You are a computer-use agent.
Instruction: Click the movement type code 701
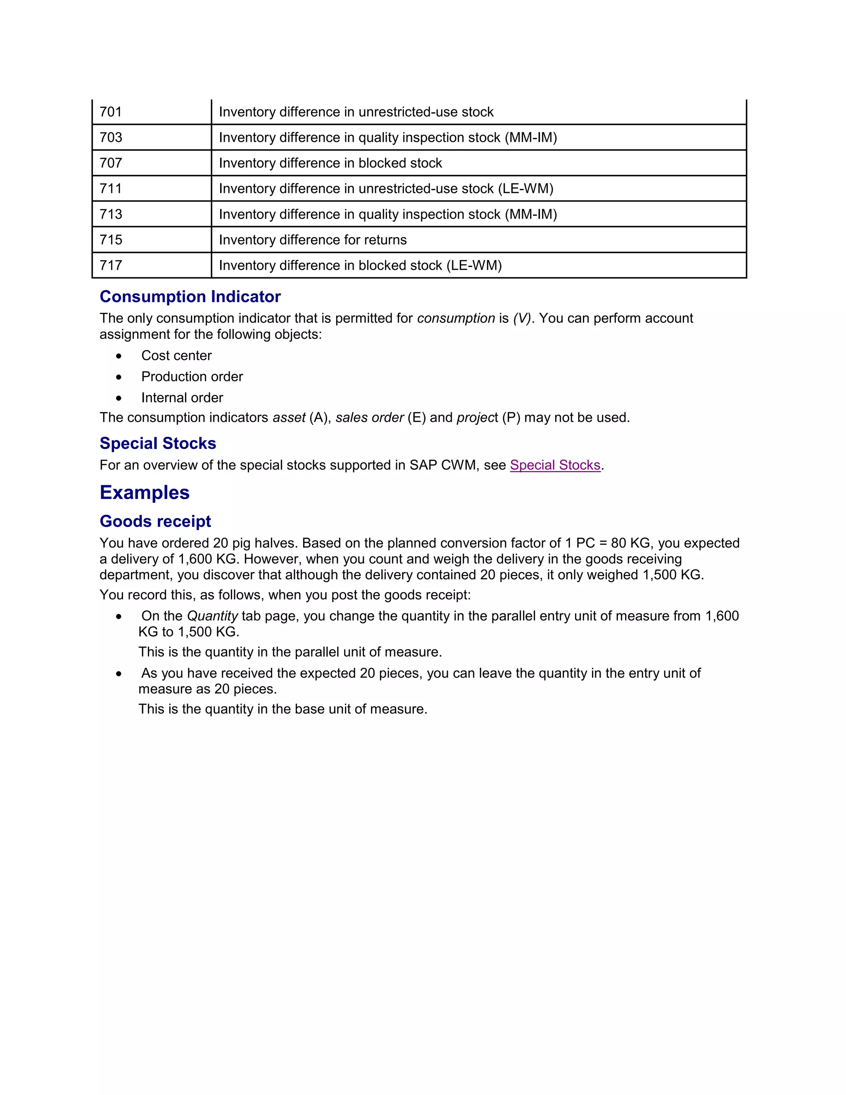pyautogui.click(x=111, y=112)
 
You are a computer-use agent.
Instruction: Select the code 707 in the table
pyautogui.click(x=111, y=163)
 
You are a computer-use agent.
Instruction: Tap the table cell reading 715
pyautogui.click(x=111, y=240)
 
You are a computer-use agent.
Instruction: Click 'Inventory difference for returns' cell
pyautogui.click(x=313, y=240)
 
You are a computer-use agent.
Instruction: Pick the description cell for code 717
pyautogui.click(x=360, y=265)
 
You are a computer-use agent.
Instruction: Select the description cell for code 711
pyautogui.click(x=386, y=188)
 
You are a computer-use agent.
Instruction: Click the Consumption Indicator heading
pyautogui.click(x=190, y=296)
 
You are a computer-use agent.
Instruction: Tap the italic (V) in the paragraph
pyautogui.click(x=522, y=318)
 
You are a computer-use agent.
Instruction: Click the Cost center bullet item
pyautogui.click(x=176, y=355)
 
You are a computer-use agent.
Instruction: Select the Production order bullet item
pyautogui.click(x=192, y=376)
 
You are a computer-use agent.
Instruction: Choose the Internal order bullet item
pyautogui.click(x=182, y=398)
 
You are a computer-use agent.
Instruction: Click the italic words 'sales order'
pyautogui.click(x=369, y=418)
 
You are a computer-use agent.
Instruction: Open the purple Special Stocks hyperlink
pyautogui.click(x=555, y=465)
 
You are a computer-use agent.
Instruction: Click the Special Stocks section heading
pyautogui.click(x=158, y=443)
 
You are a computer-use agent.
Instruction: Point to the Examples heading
pyautogui.click(x=144, y=493)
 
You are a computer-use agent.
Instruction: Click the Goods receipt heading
pyautogui.click(x=155, y=521)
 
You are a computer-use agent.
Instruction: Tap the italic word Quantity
pyautogui.click(x=212, y=616)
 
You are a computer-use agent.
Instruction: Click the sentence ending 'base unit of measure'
pyautogui.click(x=283, y=709)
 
